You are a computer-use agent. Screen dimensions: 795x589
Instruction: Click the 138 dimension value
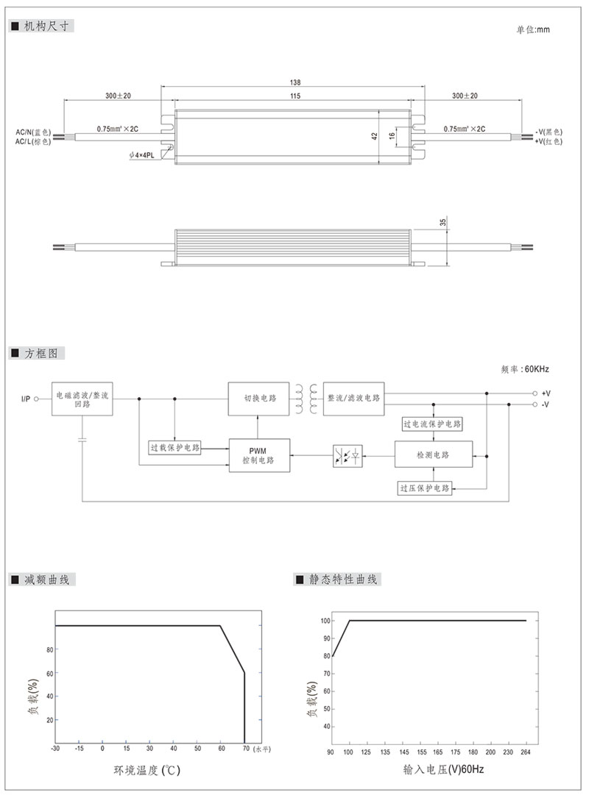pyautogui.click(x=295, y=83)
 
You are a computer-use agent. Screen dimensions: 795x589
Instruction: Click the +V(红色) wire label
pyautogui.click(x=549, y=140)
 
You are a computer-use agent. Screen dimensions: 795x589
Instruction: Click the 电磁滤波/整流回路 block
pyautogui.click(x=82, y=399)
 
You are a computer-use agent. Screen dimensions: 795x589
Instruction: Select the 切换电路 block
pyautogui.click(x=260, y=398)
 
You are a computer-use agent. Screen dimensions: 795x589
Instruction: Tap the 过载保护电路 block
pyautogui.click(x=174, y=446)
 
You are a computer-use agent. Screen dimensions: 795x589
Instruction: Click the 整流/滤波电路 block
pyautogui.click(x=353, y=398)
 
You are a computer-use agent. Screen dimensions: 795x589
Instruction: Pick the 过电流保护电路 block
pyautogui.click(x=432, y=424)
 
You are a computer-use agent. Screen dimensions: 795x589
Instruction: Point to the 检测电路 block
pyautogui.click(x=432, y=455)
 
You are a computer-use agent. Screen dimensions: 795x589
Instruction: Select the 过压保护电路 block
pyautogui.click(x=425, y=488)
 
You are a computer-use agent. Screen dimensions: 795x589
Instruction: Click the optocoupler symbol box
pyautogui.click(x=346, y=455)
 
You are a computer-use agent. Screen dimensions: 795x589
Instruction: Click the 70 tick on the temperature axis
pyautogui.click(x=244, y=748)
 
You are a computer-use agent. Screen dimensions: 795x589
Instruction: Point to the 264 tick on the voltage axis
pyautogui.click(x=526, y=752)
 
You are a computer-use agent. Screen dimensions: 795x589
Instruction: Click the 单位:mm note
pyautogui.click(x=532, y=29)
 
